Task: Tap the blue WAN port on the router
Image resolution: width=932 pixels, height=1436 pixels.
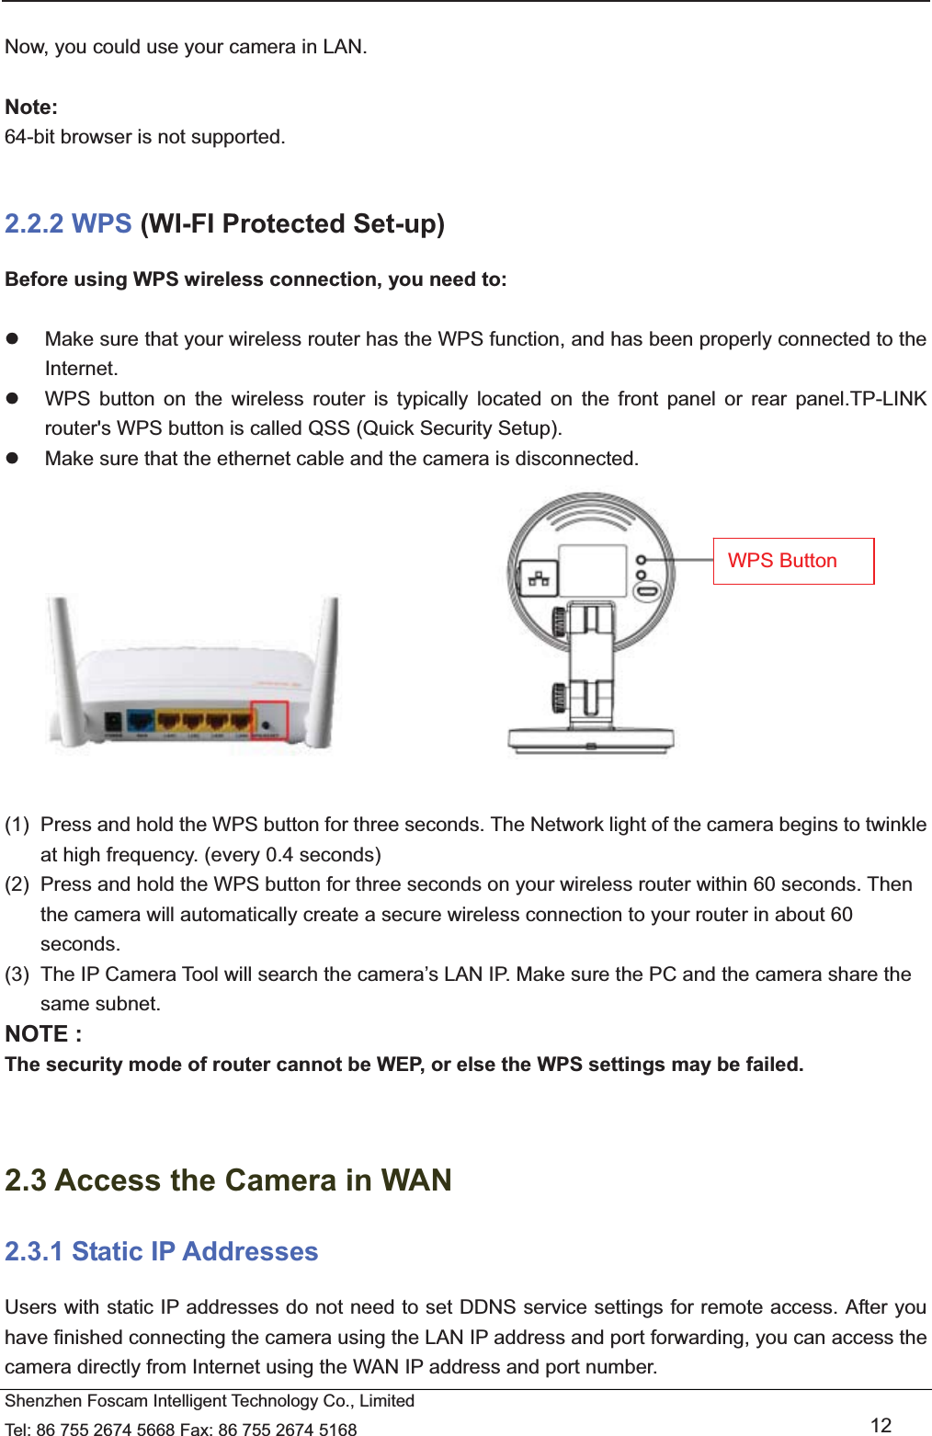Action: coord(141,722)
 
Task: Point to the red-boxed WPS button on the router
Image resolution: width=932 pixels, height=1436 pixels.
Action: coord(269,722)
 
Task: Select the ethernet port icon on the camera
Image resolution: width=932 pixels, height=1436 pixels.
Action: coord(539,578)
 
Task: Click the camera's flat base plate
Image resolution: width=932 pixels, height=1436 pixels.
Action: coord(591,739)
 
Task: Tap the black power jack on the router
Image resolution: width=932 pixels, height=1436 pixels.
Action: coord(113,724)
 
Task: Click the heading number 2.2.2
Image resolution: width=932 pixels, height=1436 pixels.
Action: coord(34,224)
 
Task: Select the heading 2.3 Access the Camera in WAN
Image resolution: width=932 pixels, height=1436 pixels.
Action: coord(228,1180)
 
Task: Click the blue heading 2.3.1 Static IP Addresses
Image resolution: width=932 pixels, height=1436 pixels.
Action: coord(162,1252)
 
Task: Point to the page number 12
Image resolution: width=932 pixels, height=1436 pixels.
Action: coord(881,1425)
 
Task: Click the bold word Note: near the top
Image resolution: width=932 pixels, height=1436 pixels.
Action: coord(31,108)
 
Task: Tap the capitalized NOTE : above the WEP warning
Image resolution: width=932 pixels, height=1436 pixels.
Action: coord(43,1034)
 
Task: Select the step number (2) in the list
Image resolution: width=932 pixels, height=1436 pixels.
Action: coord(17,884)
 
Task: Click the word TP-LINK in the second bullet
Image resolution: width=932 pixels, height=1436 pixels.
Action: coord(888,399)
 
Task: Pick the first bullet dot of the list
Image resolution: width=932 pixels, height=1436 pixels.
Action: coord(13,339)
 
